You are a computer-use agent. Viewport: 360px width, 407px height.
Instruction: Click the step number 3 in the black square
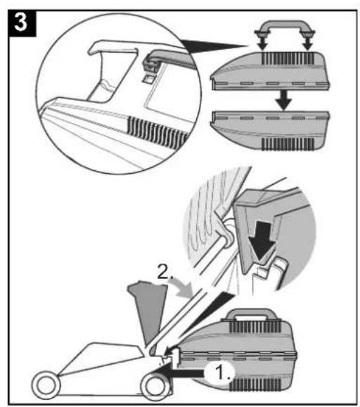[21, 22]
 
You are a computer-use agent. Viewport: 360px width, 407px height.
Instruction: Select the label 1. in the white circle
[221, 373]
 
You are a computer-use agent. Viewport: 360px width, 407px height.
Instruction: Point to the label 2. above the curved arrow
[165, 273]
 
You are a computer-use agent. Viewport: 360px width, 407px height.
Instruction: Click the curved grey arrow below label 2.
[182, 288]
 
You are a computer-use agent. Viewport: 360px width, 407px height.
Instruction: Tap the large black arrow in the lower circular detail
[262, 241]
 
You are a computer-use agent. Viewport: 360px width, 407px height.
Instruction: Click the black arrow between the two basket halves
[283, 101]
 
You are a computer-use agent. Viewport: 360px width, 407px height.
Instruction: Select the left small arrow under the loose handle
[263, 44]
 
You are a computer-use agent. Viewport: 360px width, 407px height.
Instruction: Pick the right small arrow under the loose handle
[308, 44]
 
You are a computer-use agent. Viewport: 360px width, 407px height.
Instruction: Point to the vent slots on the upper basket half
[288, 58]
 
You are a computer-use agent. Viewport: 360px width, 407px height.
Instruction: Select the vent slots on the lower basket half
[288, 144]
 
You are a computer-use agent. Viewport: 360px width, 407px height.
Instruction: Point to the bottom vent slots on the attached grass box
[255, 385]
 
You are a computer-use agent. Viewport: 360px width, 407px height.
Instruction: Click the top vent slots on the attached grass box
[255, 327]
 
